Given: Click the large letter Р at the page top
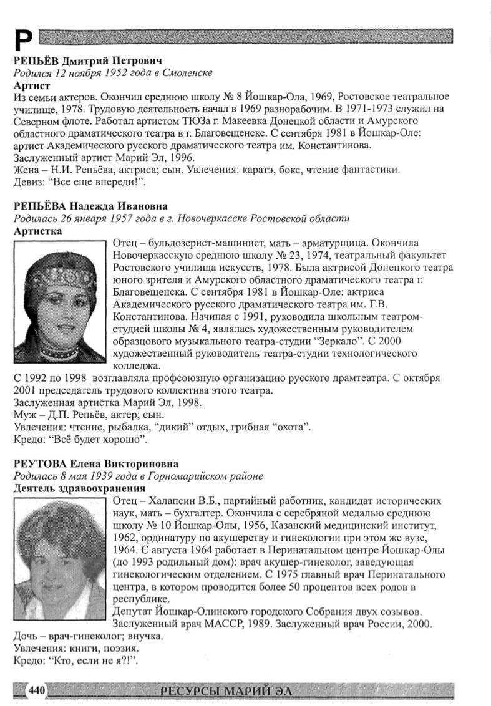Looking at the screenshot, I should (22, 40).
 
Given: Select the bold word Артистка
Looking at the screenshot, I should (37, 230).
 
